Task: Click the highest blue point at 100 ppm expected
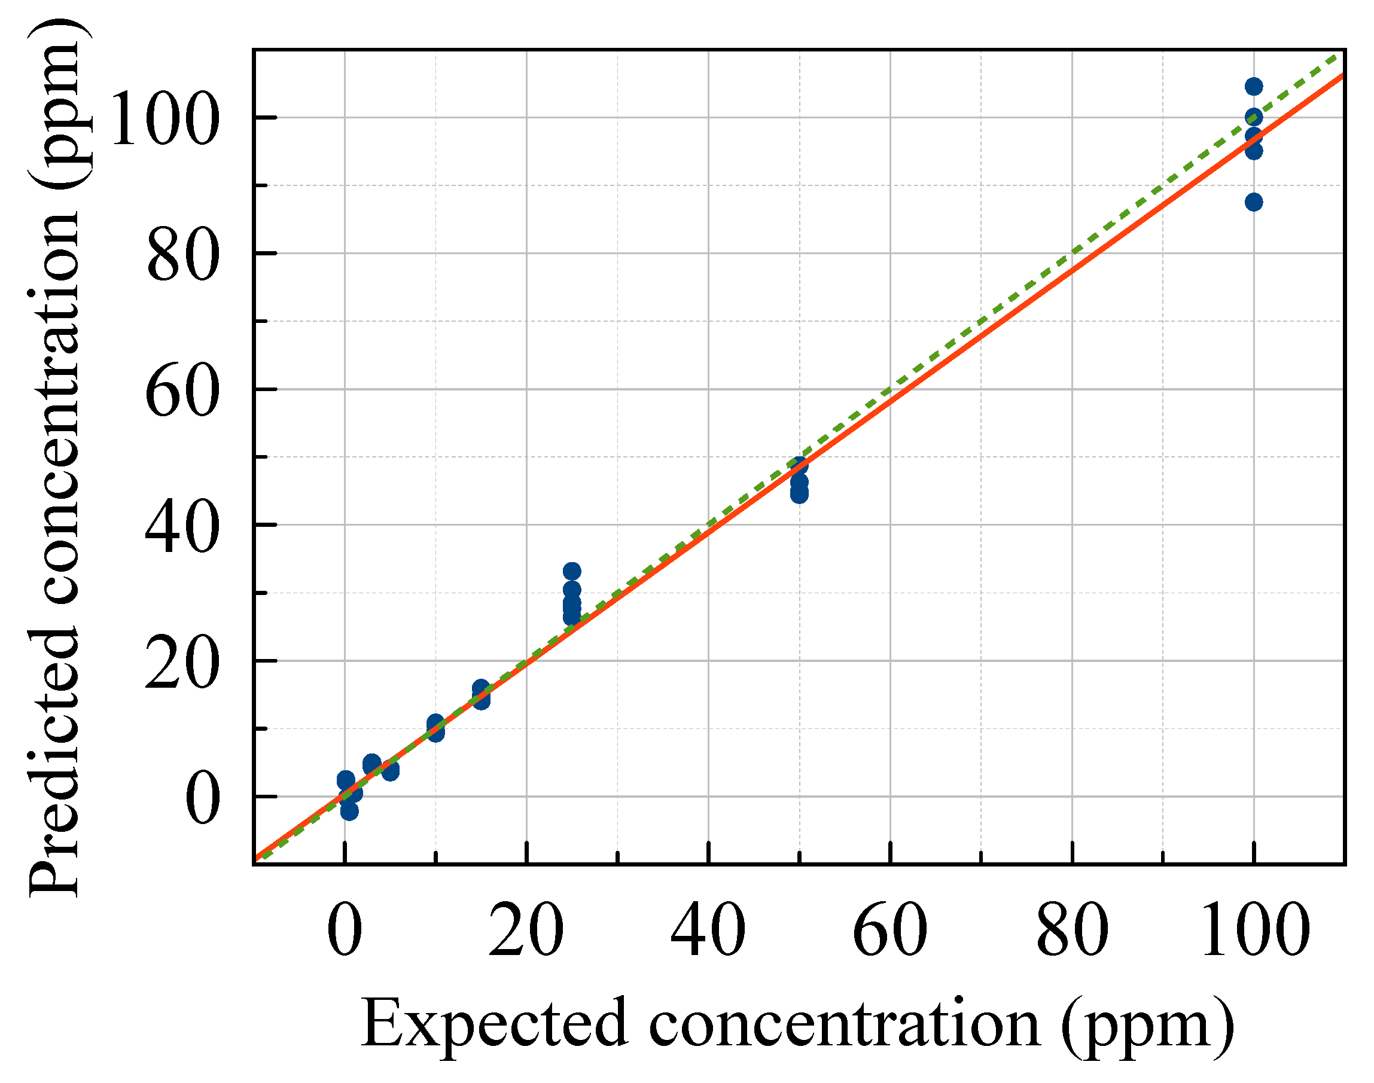[x=1254, y=86]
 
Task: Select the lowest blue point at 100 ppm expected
[x=1254, y=202]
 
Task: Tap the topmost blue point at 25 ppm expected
[x=571, y=571]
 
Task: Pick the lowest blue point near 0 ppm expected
[x=349, y=811]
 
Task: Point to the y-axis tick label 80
[x=182, y=255]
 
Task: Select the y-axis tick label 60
[x=182, y=391]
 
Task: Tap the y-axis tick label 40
[x=182, y=526]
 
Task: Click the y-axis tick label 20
[x=182, y=663]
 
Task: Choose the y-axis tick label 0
[x=202, y=798]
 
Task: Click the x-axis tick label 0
[x=345, y=931]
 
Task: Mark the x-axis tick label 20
[x=526, y=931]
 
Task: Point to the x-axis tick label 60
[x=890, y=931]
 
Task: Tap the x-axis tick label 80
[x=1072, y=931]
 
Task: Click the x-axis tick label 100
[x=1256, y=931]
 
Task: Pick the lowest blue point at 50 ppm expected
[x=799, y=494]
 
